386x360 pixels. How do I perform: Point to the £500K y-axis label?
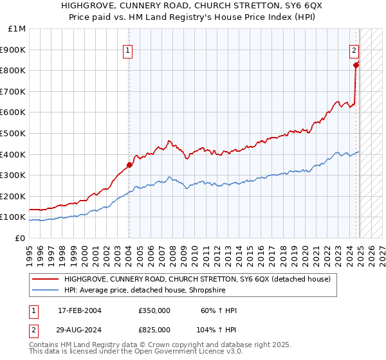click(x=14, y=133)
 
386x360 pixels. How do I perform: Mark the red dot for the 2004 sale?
click(x=129, y=165)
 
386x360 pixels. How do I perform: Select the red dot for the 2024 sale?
click(x=356, y=64)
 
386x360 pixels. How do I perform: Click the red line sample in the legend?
click(x=46, y=279)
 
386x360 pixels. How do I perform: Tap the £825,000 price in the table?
click(x=154, y=329)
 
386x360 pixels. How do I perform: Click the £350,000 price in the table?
click(x=154, y=310)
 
